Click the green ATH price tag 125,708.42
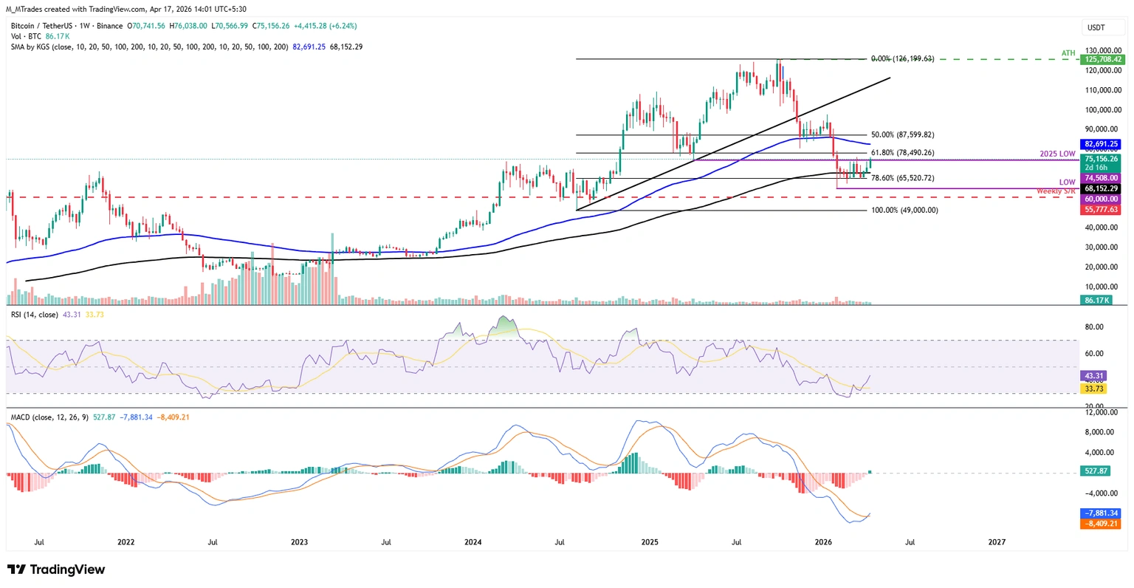[1102, 59]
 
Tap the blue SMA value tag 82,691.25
[1102, 144]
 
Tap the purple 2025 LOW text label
[1057, 154]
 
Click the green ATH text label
[1068, 53]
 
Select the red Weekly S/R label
[1056, 191]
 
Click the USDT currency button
[1096, 27]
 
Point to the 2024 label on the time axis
[473, 542]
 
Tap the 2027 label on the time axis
[997, 542]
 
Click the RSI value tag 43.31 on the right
[1093, 376]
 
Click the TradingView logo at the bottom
[56, 570]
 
